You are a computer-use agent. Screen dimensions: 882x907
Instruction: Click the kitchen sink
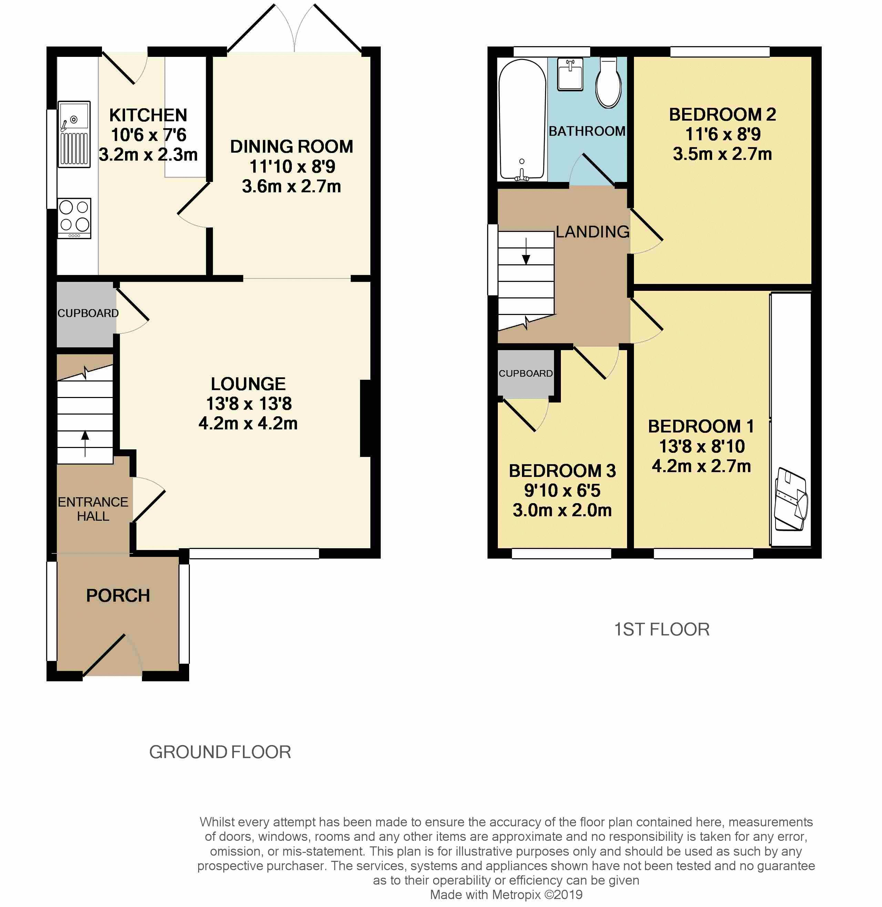click(74, 134)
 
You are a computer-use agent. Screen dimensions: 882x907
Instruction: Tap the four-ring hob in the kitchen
click(74, 218)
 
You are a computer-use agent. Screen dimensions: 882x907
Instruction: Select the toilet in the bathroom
click(608, 82)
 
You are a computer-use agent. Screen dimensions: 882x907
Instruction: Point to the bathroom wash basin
click(570, 74)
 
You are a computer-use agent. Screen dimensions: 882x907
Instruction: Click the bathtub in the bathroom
click(522, 120)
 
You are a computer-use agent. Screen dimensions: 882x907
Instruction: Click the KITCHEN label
click(148, 115)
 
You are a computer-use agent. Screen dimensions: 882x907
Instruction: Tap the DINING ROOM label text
click(292, 146)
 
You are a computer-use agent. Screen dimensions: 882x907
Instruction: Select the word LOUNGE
click(248, 384)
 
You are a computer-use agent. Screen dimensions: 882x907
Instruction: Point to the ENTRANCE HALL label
click(93, 509)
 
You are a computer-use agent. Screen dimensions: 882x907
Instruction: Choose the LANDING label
click(593, 232)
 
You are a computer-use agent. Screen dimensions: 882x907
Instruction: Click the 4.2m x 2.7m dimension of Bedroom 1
click(701, 466)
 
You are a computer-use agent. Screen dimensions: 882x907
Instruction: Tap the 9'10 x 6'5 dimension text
click(562, 490)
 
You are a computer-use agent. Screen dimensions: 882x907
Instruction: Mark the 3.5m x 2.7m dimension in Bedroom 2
click(722, 154)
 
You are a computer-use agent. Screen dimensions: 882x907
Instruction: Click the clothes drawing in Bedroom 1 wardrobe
click(791, 499)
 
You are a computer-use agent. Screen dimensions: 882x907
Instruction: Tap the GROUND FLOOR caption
click(220, 752)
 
